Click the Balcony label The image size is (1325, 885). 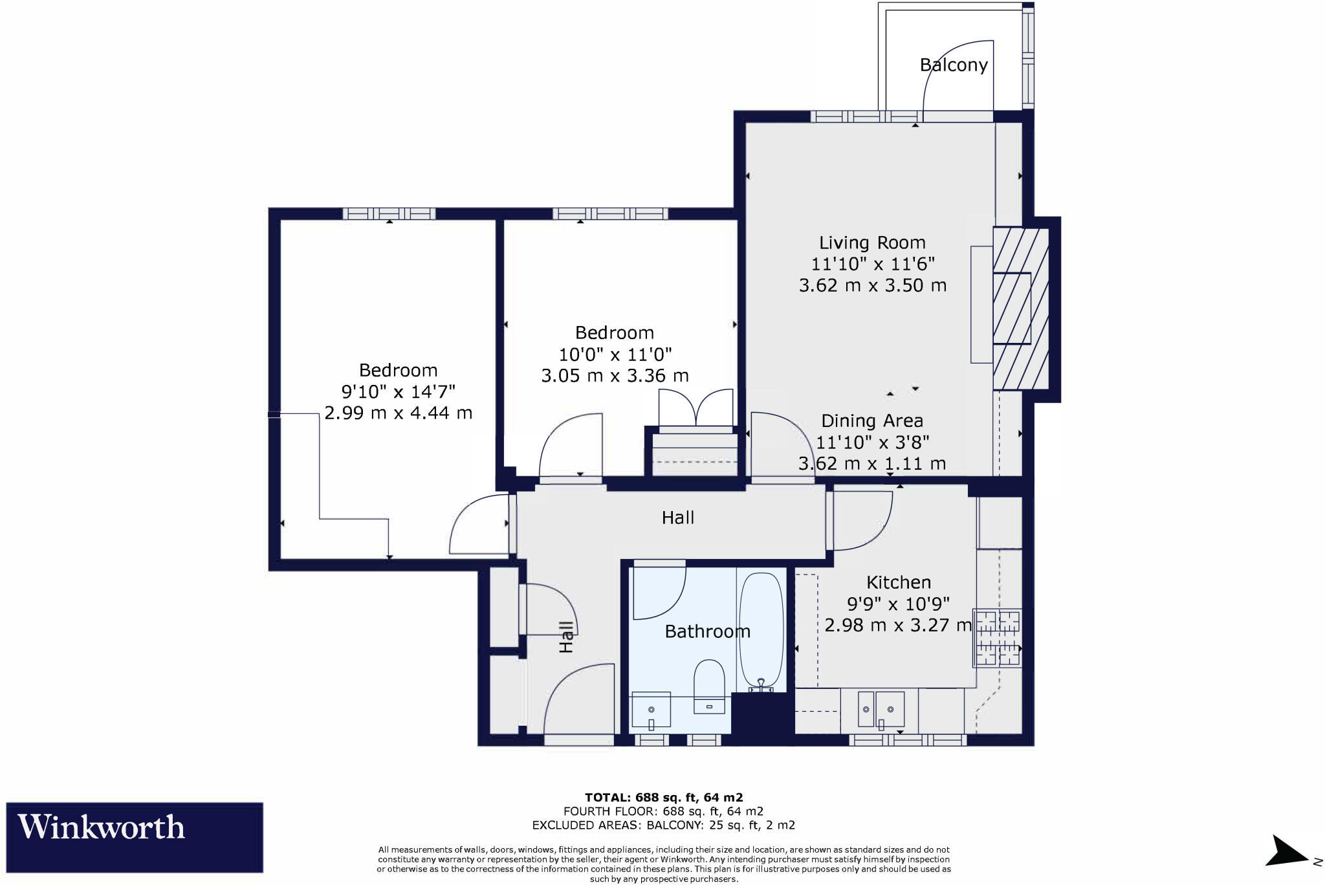954,65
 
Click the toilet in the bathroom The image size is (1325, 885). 709,686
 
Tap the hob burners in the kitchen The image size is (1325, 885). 997,638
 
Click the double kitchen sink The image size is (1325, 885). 881,710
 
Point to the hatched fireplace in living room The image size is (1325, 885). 1020,309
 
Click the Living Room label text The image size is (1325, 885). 872,243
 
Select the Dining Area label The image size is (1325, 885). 871,421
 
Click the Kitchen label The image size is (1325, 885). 898,582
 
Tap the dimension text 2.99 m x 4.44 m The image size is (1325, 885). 398,413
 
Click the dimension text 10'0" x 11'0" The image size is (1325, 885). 615,355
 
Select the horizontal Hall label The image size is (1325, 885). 677,518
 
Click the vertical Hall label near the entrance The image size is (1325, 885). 566,637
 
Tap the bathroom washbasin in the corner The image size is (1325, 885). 651,710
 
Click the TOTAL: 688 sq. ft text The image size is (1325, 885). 663,797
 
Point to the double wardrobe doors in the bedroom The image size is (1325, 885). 695,408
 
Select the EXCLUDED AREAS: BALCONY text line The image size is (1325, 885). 663,825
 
